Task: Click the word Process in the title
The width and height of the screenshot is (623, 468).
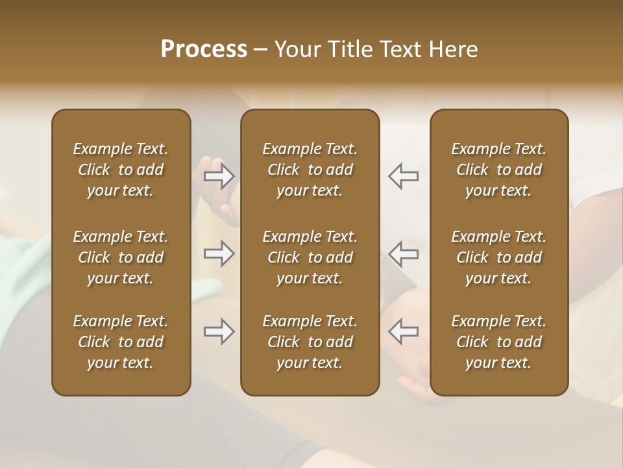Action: [204, 50]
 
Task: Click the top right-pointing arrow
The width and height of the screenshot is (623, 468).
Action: [219, 176]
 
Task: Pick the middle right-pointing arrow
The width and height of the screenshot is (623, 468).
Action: [219, 253]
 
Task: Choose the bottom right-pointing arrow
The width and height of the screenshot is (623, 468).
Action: [219, 331]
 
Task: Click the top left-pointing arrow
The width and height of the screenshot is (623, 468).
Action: [403, 176]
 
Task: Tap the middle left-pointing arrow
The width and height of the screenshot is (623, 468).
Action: [403, 253]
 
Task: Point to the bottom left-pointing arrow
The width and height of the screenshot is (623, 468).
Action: [403, 331]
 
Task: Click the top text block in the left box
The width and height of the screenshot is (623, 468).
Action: [121, 170]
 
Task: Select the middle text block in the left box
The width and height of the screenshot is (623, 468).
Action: [121, 257]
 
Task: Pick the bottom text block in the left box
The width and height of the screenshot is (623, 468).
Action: [121, 342]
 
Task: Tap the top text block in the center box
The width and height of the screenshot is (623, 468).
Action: [310, 170]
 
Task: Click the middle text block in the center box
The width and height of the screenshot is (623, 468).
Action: [310, 257]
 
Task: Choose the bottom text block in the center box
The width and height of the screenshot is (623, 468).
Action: [310, 342]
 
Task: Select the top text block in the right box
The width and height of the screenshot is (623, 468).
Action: [498, 170]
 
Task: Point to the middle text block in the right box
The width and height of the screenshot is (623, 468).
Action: [498, 257]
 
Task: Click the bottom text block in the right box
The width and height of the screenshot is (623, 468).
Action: [498, 342]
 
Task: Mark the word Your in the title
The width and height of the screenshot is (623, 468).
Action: [296, 50]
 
